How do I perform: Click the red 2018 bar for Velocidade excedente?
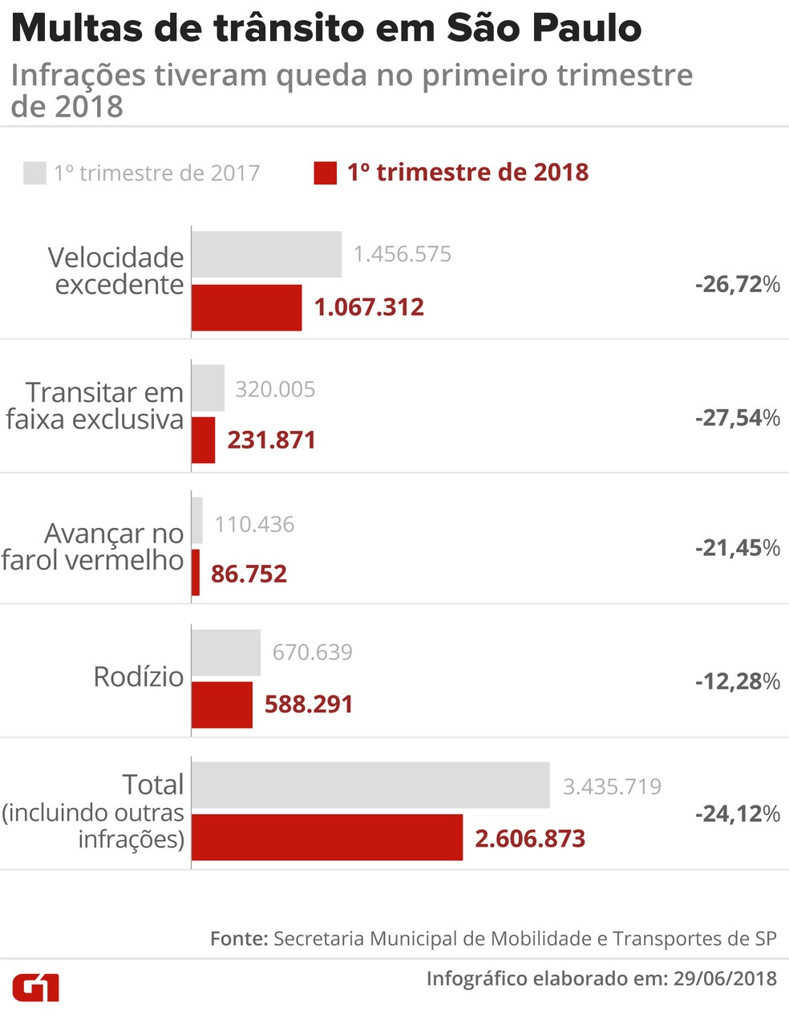tap(247, 307)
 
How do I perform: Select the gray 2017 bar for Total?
tap(370, 785)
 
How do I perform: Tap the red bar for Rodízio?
tap(222, 704)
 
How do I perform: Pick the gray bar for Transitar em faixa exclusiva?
tap(208, 388)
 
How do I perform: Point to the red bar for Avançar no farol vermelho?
tap(196, 573)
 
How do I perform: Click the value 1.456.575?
tap(403, 254)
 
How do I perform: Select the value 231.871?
tap(271, 440)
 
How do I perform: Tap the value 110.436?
tap(254, 525)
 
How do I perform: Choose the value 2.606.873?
tap(530, 839)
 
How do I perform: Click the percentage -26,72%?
tap(737, 284)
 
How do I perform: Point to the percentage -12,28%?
tap(737, 681)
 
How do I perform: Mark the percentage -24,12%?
tap(737, 814)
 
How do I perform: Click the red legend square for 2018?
tap(325, 173)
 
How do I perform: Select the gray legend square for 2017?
tap(34, 173)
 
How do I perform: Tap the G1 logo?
tap(36, 988)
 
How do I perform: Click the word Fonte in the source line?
tap(238, 938)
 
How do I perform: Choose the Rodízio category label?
tap(139, 677)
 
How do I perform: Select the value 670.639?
tap(312, 652)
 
